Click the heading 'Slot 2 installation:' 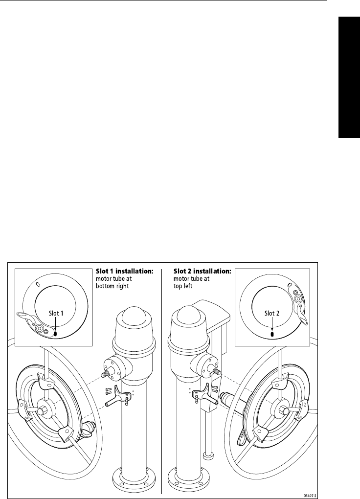click(202, 271)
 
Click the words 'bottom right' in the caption click(112, 286)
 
